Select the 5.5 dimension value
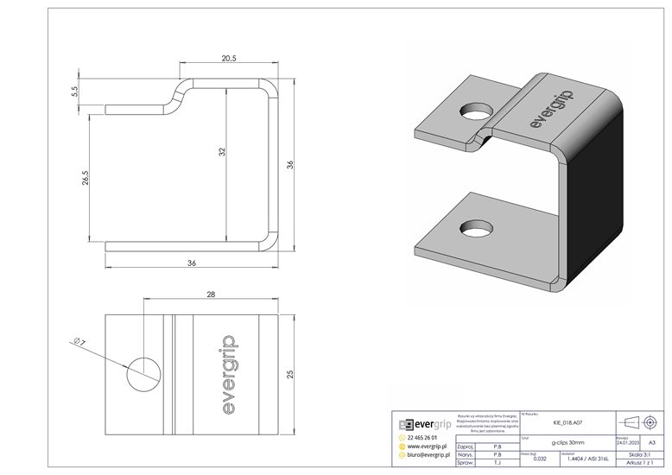click(x=76, y=90)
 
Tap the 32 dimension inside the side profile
click(x=221, y=152)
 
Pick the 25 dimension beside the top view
click(x=291, y=373)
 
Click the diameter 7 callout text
click(x=80, y=344)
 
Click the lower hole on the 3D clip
click(x=473, y=228)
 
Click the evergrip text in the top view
click(x=222, y=373)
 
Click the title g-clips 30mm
click(x=566, y=441)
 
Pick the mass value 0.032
click(x=540, y=459)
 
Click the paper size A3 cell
click(x=651, y=441)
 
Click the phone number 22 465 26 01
click(x=427, y=438)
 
